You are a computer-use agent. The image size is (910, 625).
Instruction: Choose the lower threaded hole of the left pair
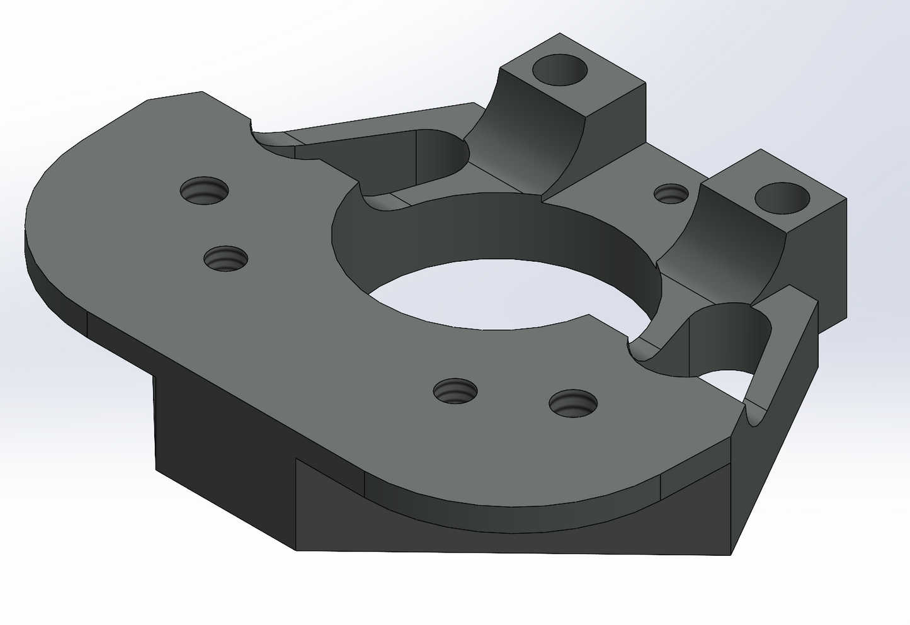[225, 258]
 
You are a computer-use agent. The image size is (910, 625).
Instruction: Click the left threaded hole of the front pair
[455, 391]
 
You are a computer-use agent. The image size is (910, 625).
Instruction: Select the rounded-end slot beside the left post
[409, 157]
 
